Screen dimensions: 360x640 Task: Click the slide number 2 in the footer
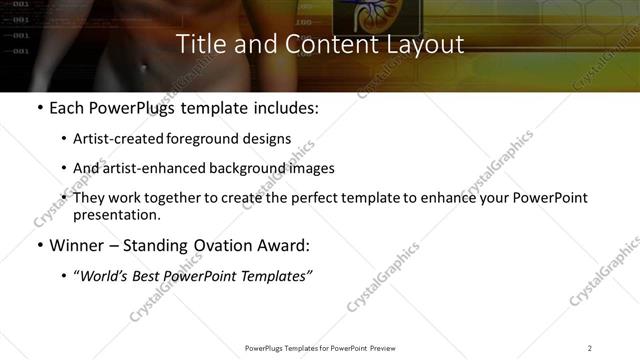click(589, 348)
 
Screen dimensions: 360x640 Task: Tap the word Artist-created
click(113, 139)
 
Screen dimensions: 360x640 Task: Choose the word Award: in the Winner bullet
click(282, 245)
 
